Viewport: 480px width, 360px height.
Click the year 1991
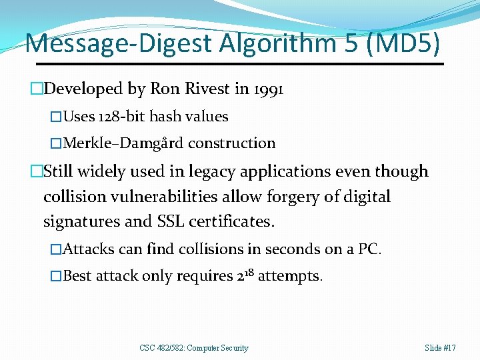click(x=269, y=89)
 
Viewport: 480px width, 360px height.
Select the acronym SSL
click(x=193, y=221)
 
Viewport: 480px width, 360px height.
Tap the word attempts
click(x=289, y=276)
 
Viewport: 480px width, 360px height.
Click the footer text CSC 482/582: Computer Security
click(x=194, y=347)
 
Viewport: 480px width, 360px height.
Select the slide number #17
click(x=449, y=347)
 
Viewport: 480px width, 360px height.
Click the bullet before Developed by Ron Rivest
click(x=37, y=89)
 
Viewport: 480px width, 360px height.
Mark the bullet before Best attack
click(x=57, y=276)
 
